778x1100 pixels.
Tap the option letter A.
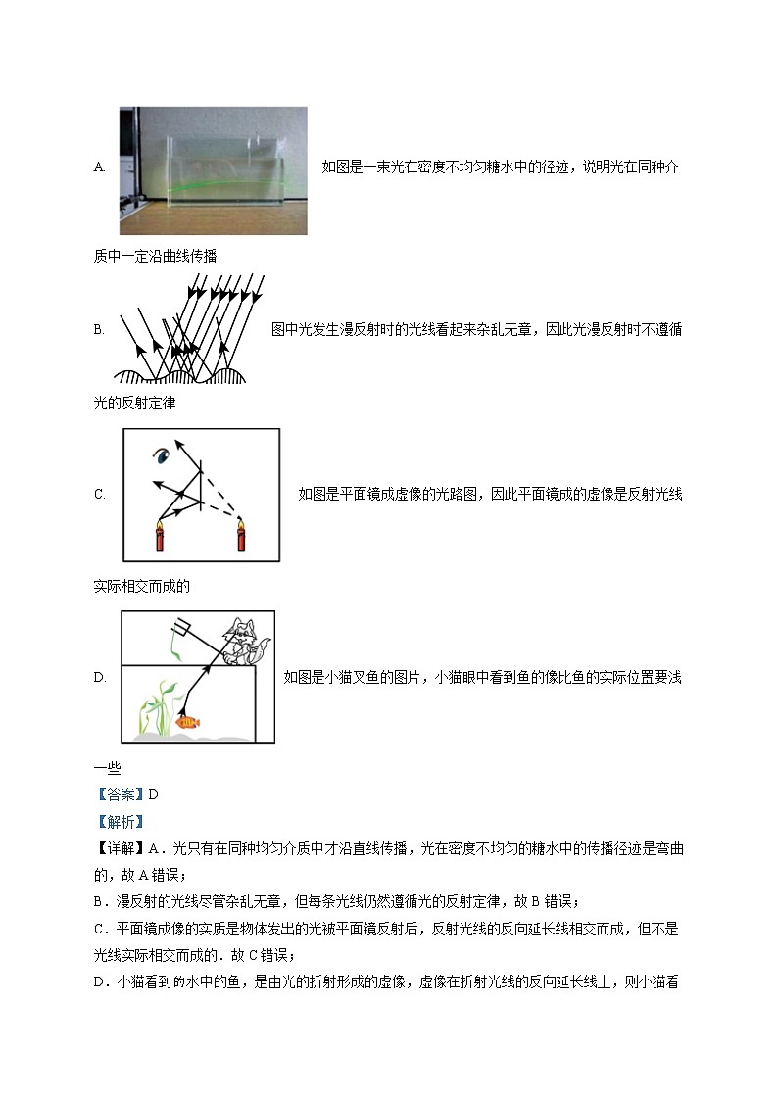click(x=99, y=167)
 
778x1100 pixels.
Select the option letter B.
click(x=99, y=330)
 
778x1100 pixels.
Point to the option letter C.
click(x=99, y=495)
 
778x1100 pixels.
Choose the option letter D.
click(x=99, y=677)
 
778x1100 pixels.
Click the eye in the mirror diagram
click(x=160, y=455)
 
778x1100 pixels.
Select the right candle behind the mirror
click(x=240, y=538)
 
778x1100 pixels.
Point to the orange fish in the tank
click(x=188, y=722)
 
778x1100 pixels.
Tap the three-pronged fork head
click(x=180, y=625)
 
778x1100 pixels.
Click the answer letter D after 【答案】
click(x=153, y=795)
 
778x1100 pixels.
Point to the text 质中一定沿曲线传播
click(x=155, y=256)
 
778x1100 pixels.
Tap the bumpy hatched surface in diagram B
click(x=181, y=375)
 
